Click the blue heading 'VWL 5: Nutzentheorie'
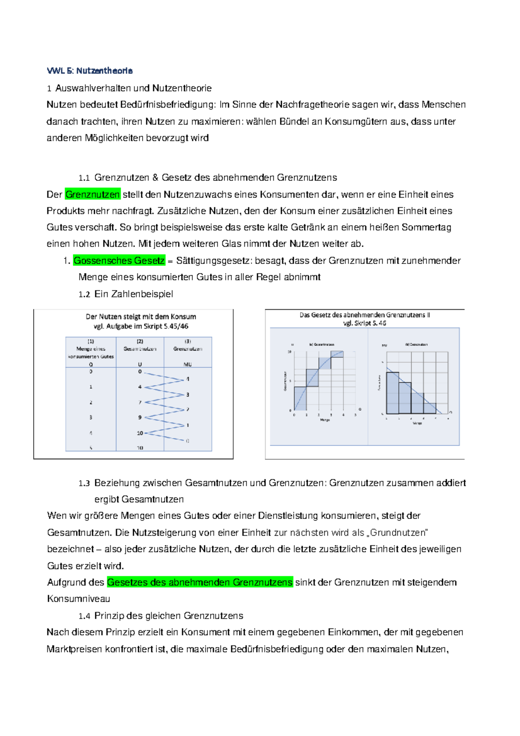90,71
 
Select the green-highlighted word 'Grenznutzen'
93,195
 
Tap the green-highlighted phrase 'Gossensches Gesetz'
119,261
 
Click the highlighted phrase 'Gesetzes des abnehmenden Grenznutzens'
200,582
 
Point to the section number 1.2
84,294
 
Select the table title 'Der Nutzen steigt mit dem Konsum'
141,316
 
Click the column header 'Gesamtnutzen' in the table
140,348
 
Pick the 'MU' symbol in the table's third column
187,365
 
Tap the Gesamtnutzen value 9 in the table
140,417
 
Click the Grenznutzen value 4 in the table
188,379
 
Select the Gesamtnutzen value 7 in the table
140,402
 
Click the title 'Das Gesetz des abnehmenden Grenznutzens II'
364,315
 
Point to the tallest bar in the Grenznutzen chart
392,393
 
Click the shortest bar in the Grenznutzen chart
429,408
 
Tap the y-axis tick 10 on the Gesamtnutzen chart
290,352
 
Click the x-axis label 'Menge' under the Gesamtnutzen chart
325,420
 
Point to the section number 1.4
84,616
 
